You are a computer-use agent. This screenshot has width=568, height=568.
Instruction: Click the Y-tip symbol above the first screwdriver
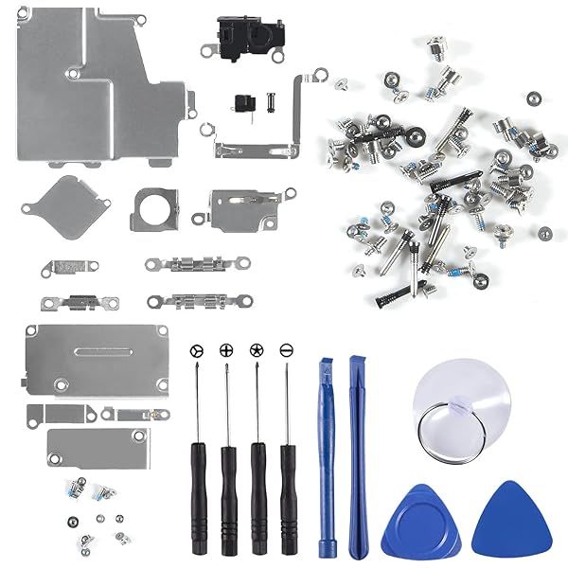(196, 350)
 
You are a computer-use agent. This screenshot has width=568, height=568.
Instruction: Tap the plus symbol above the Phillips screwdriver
(225, 350)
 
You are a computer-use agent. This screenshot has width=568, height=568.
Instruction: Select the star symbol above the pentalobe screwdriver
(255, 350)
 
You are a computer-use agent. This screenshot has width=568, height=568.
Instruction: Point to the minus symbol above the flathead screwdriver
(286, 350)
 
